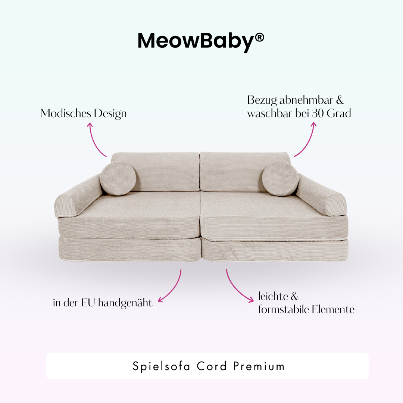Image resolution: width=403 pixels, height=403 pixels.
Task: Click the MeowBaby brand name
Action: [x=196, y=41]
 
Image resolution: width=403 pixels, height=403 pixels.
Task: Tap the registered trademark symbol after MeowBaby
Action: [x=260, y=37]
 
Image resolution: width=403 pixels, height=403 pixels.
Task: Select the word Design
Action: [x=109, y=114]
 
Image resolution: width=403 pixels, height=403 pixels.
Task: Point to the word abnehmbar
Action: [x=301, y=100]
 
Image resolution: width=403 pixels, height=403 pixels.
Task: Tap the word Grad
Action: [x=339, y=113]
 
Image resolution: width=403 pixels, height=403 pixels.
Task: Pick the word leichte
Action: [x=273, y=297]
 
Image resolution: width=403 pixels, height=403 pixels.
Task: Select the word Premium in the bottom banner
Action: [x=259, y=366]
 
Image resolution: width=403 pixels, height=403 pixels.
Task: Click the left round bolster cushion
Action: [x=118, y=178]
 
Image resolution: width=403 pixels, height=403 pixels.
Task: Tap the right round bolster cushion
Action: [x=280, y=178]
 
